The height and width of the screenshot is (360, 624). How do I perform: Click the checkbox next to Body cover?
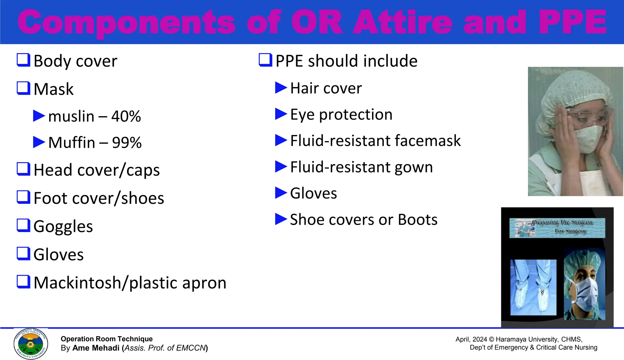click(23, 60)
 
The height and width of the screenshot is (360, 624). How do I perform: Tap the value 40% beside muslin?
click(126, 116)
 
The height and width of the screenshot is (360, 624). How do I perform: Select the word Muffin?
click(72, 143)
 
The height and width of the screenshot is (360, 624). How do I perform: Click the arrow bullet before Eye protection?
click(281, 114)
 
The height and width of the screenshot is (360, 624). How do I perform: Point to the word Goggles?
click(63, 226)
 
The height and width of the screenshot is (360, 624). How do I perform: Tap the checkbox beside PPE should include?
click(265, 60)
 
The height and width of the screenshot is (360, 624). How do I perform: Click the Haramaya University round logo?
click(31, 344)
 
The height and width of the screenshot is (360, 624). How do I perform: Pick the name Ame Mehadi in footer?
click(96, 348)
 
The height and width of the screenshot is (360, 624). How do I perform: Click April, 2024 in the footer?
click(471, 339)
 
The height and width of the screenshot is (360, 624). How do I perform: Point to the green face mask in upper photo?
click(587, 139)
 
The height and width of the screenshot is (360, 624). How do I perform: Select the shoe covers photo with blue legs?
click(533, 287)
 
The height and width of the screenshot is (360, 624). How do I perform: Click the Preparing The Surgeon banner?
click(557, 228)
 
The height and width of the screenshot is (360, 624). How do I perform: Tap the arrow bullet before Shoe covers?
click(281, 219)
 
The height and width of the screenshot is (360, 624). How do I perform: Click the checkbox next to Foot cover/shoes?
click(23, 197)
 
